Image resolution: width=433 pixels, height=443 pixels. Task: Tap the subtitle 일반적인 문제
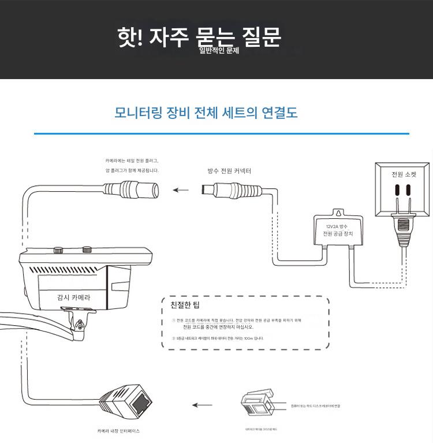pos(219,51)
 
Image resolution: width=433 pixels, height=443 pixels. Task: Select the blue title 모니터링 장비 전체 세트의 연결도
pos(206,112)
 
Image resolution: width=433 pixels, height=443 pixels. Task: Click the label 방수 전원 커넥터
pos(229,171)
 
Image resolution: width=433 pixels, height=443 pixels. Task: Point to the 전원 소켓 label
pos(403,174)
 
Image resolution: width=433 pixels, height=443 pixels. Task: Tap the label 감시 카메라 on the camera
pos(73,297)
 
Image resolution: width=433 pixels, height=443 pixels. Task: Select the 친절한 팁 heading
pos(185,304)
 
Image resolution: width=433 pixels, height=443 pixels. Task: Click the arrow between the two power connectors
pos(181,189)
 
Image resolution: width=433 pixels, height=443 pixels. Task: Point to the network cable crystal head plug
pos(256,405)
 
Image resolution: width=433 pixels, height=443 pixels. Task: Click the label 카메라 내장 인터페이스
pos(118,431)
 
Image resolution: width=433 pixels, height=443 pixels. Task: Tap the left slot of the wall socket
pos(397,191)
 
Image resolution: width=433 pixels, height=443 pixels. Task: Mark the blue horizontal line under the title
pos(222,133)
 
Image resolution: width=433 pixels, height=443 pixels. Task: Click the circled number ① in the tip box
pos(173,319)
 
